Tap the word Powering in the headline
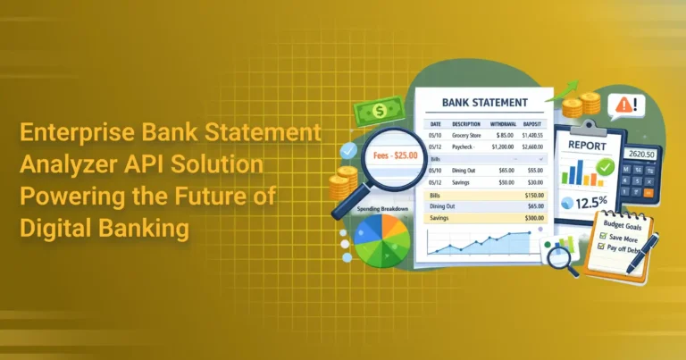point(64,197)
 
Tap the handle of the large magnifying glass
point(343,207)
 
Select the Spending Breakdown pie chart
point(382,239)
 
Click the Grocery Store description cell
point(467,135)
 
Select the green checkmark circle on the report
point(606,167)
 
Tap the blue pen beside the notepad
point(650,254)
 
